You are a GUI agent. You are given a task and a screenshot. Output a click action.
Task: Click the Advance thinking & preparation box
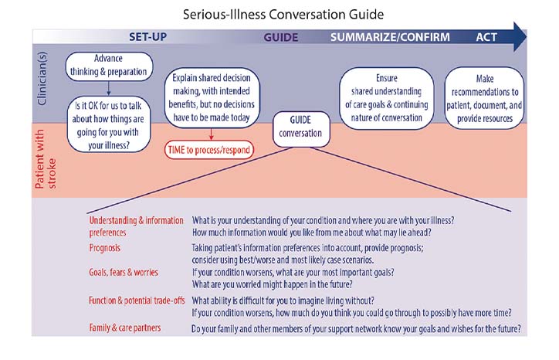(x=109, y=66)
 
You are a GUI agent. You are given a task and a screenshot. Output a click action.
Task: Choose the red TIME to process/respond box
(x=209, y=149)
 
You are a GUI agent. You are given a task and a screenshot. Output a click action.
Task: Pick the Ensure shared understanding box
(x=386, y=98)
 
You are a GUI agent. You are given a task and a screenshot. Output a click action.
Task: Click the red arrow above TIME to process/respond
(x=209, y=132)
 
